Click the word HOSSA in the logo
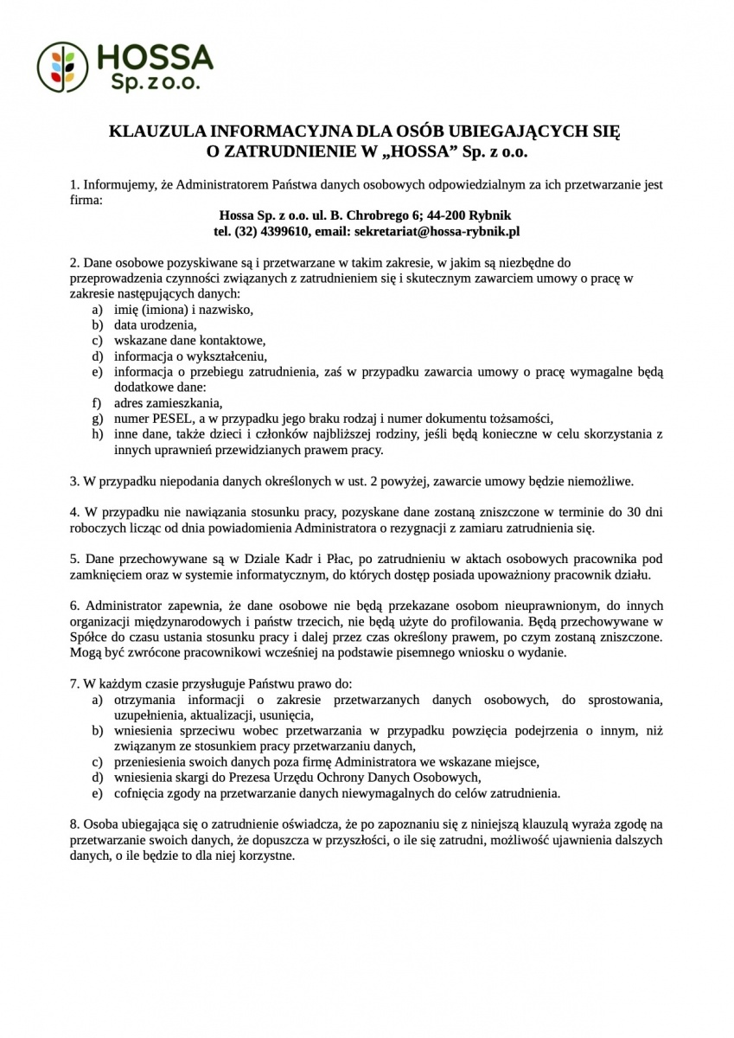(156, 57)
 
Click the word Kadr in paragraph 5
(299, 559)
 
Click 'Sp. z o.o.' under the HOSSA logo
(156, 81)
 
